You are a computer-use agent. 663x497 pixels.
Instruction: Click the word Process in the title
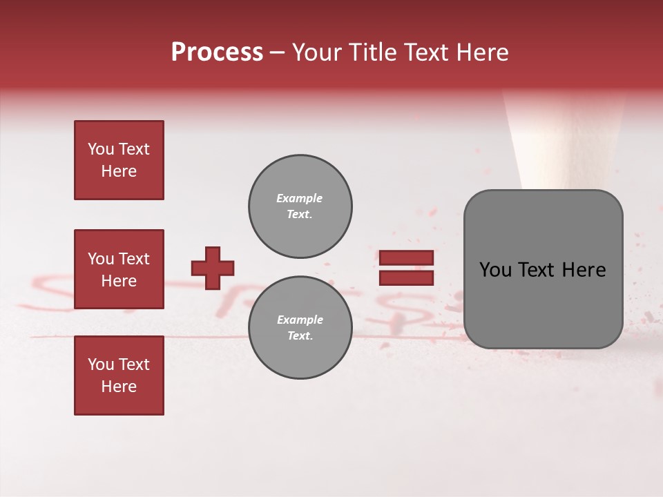pos(217,52)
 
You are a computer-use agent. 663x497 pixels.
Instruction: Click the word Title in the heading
pos(372,52)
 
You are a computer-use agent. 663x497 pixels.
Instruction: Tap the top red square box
pos(119,160)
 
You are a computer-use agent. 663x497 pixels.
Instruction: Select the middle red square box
pos(119,269)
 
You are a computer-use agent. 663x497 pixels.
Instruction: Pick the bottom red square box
pos(119,376)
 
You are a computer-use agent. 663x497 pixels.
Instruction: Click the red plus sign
pos(213,268)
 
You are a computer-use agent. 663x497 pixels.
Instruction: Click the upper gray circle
pos(300,206)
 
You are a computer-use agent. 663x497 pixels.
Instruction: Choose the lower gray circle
pos(300,327)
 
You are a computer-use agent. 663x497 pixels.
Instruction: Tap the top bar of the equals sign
pos(406,258)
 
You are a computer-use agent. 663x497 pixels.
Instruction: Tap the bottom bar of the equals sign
pos(406,277)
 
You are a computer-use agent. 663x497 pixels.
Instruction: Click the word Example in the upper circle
pos(299,198)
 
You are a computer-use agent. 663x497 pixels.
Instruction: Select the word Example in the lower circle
pos(300,320)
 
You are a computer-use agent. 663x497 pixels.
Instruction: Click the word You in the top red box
pos(100,149)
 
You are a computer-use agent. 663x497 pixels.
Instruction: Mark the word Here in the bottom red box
pos(119,387)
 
